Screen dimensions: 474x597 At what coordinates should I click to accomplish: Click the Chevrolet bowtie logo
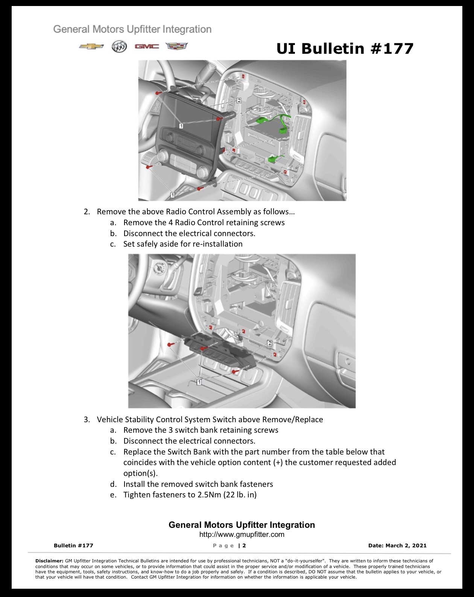click(91, 46)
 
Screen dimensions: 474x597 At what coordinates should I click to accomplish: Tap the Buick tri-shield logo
click(119, 47)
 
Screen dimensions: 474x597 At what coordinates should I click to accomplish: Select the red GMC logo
click(147, 46)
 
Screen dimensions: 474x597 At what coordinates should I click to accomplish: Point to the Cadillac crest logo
click(176, 46)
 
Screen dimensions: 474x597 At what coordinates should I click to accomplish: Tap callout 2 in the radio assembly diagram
click(239, 100)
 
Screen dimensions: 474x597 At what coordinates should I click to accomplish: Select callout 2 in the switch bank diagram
click(269, 343)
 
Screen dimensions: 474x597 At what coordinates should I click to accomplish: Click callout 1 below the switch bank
click(199, 382)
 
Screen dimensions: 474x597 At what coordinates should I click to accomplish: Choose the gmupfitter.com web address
click(242, 535)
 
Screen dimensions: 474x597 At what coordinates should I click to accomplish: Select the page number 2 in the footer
click(244, 545)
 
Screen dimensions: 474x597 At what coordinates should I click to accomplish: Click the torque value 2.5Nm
click(210, 495)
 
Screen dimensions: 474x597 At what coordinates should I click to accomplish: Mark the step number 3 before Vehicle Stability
click(87, 420)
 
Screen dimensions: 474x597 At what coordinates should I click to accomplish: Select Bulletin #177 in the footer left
click(74, 545)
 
